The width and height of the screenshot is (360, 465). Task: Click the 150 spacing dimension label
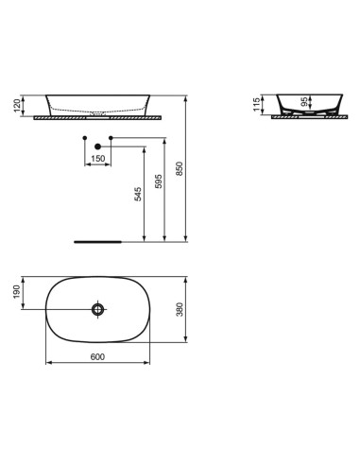pos(97,159)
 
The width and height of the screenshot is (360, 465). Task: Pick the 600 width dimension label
pos(96,355)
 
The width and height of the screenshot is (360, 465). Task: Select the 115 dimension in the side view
pos(256,105)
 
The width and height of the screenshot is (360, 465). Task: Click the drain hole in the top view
pos(98,309)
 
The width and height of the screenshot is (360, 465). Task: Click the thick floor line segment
pos(98,241)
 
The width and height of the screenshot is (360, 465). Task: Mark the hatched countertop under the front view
pos(98,118)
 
